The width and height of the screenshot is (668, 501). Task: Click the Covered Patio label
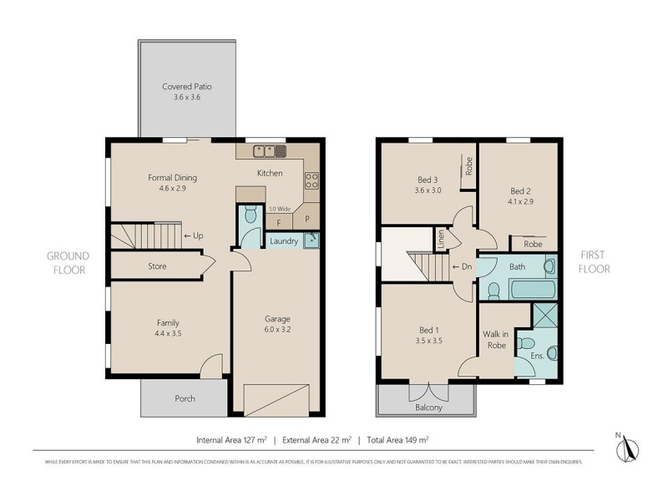coord(181,86)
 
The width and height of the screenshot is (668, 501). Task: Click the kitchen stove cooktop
coord(311,180)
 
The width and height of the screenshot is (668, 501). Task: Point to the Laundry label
coord(284,241)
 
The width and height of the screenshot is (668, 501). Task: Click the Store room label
coord(157,266)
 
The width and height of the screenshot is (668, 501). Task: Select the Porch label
coord(185,398)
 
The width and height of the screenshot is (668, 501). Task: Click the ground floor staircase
coord(145,235)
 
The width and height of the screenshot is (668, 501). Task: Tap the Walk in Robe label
coord(496,339)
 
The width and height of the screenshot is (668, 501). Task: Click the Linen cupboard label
coord(441,238)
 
